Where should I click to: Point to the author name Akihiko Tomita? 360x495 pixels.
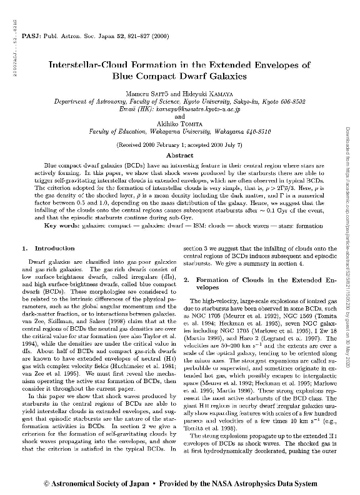coord(180,124)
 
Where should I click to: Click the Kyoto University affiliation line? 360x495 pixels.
coord(180,101)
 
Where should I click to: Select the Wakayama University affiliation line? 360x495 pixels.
coord(180,131)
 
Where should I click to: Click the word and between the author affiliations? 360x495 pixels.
coord(180,116)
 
